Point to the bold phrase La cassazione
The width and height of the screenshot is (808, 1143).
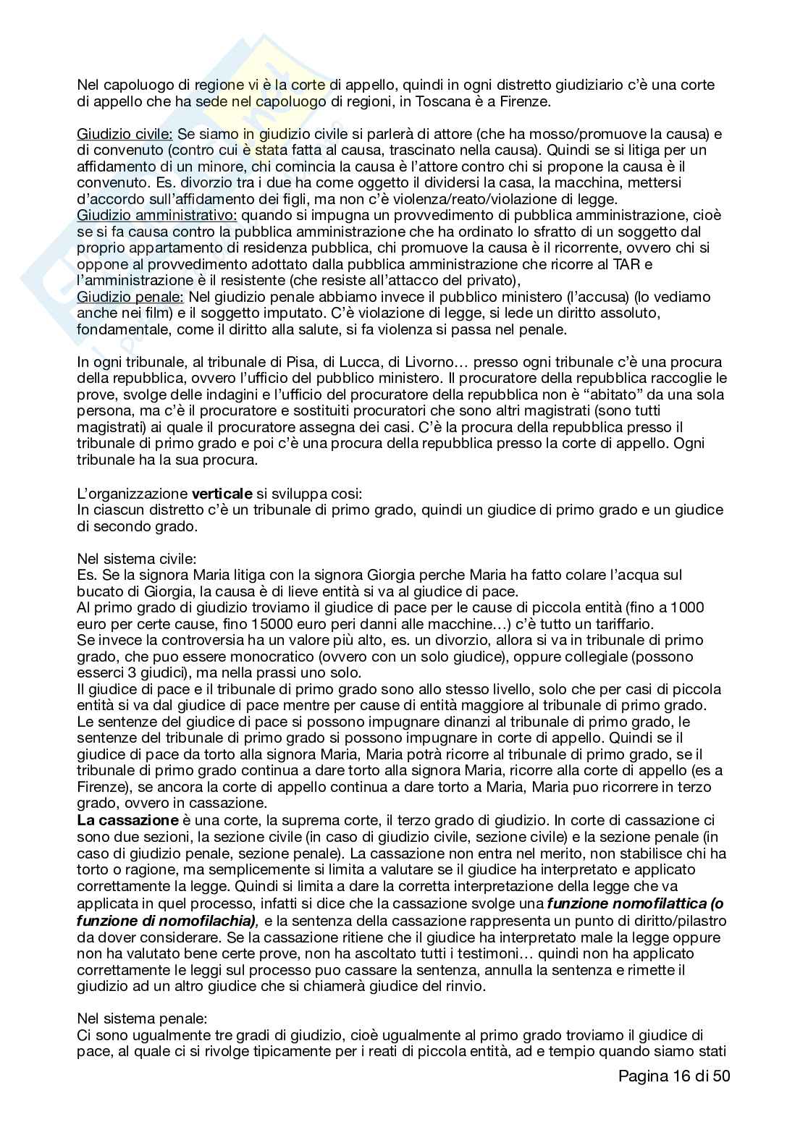(x=127, y=820)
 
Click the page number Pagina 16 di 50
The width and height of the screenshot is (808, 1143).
(x=674, y=1076)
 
